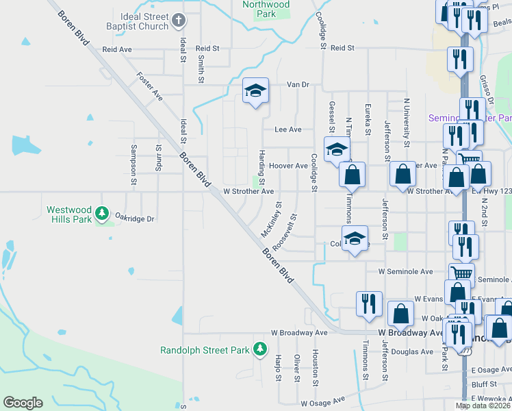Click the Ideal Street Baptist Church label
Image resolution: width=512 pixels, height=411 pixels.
(x=133, y=21)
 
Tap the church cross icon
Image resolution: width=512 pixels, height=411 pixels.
(x=179, y=21)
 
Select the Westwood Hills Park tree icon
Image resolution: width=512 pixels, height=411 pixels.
(x=103, y=214)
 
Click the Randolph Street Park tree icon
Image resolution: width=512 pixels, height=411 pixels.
(x=260, y=349)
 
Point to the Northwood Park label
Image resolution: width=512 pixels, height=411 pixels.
(x=266, y=9)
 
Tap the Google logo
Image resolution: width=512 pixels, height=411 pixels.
(x=23, y=403)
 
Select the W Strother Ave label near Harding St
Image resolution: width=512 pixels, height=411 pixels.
(x=248, y=192)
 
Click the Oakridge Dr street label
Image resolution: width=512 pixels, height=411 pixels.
(x=135, y=219)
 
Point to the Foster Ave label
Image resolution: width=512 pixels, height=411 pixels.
(x=149, y=86)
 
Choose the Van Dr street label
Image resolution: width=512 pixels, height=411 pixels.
(x=298, y=84)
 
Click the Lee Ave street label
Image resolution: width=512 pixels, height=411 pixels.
(x=287, y=129)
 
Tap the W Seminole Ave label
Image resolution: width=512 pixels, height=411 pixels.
(x=406, y=271)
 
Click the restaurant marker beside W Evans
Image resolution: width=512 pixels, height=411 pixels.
(x=369, y=304)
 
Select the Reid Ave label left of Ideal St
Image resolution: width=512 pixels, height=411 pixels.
(x=116, y=49)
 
